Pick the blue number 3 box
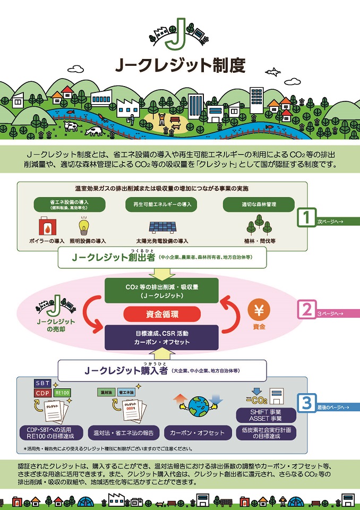point(306,403)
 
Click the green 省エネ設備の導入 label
point(68,205)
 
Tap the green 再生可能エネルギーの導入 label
point(161,204)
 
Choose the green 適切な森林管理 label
point(258,204)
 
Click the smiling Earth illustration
point(196,406)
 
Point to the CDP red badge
point(42,394)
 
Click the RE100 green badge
point(62,394)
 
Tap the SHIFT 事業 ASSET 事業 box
point(264,415)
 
